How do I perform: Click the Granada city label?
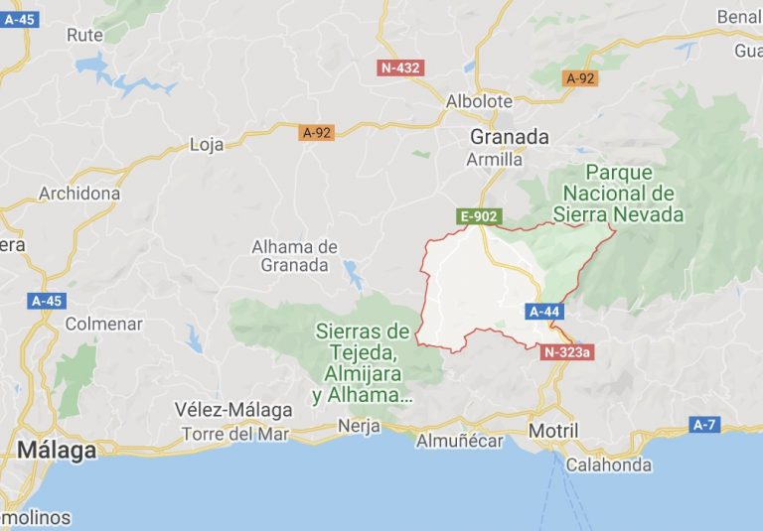tap(510, 137)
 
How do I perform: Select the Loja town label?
tap(207, 145)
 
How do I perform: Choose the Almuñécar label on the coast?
tap(460, 441)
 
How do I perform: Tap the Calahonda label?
tap(609, 465)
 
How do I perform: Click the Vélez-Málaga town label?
tap(233, 410)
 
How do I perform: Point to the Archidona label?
tap(79, 194)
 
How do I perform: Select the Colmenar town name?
tap(103, 324)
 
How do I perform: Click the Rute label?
tap(84, 35)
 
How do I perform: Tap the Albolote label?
tap(479, 101)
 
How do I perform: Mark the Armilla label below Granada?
tap(494, 159)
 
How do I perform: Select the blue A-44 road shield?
tap(545, 312)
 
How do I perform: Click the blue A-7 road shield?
tap(704, 425)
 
